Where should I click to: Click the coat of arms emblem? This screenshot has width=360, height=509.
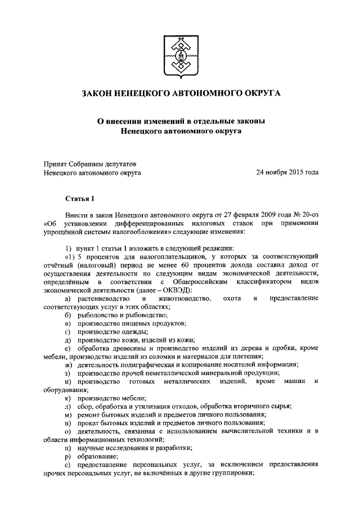[180, 55]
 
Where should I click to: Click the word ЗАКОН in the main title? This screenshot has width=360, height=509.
[98, 93]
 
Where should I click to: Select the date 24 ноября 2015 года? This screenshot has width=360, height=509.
[287, 173]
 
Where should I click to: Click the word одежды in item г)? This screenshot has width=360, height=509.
[134, 331]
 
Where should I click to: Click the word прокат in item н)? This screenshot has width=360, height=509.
[89, 423]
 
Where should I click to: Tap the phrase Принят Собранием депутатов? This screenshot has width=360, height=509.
[89, 164]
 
